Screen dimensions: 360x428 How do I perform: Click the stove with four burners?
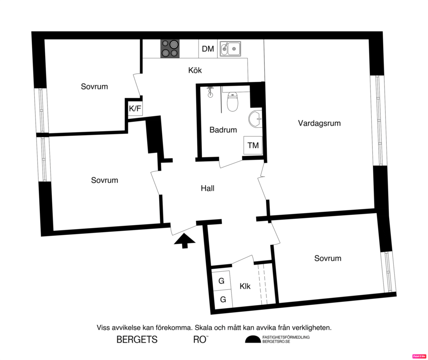coord(170,49)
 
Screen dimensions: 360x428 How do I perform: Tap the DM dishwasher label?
coord(208,49)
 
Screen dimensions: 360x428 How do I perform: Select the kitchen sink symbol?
coord(230,49)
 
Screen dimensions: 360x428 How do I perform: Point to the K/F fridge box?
coord(135,109)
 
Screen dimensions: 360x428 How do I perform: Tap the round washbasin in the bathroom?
coord(255,119)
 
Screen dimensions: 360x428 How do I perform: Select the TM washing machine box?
coord(253,146)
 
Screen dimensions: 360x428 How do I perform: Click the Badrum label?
coord(223,130)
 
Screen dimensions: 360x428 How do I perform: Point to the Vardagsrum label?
coord(319,123)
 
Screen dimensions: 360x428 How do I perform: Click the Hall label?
coord(207,189)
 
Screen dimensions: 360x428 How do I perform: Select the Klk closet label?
coord(245,286)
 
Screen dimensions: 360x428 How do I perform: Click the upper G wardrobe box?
coord(222,281)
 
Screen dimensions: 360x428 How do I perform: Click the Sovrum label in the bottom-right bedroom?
coord(328,258)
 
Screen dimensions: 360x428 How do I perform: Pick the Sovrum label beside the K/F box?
coord(94,87)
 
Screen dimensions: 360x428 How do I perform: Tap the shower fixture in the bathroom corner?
coord(210,91)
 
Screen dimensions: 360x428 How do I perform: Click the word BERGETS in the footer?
coord(137,340)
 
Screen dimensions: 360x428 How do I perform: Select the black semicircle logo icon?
coord(252,340)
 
